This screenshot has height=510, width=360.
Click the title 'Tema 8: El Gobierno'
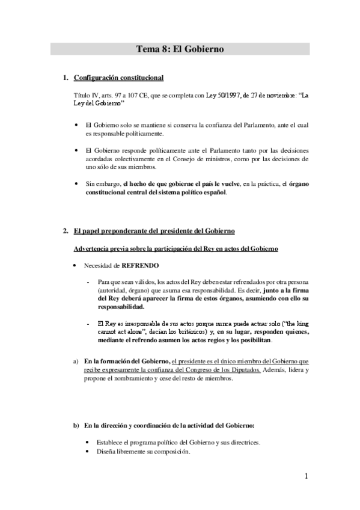click(180, 50)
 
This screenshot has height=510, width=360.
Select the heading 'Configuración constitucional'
click(118, 78)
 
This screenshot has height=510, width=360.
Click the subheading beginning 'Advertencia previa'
click(168, 248)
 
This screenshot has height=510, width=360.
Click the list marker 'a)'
click(76, 361)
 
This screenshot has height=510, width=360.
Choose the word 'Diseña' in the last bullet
click(106, 451)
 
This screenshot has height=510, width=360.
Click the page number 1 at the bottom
click(306, 477)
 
